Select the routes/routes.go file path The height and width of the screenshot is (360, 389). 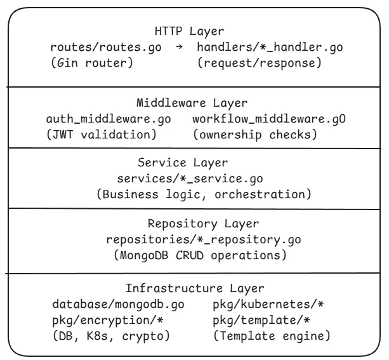106,48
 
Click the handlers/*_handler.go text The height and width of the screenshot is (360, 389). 268,48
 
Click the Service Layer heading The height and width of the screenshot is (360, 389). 194,162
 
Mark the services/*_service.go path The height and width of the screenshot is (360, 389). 194,178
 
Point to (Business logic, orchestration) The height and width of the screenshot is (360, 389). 202,194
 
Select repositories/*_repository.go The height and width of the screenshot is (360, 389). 194,239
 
